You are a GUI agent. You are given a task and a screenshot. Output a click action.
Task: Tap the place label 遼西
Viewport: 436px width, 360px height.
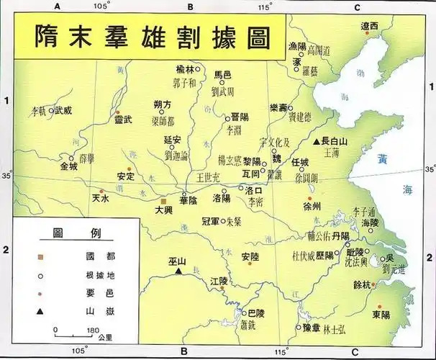tap(369, 26)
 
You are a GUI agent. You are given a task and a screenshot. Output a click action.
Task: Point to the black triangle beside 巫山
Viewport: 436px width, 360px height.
tap(178, 273)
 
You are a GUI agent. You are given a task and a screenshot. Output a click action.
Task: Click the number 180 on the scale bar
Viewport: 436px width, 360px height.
tap(93, 330)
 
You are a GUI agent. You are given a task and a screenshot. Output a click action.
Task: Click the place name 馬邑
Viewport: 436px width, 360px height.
tap(225, 75)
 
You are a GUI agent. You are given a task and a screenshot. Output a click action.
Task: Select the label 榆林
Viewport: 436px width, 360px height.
tap(185, 70)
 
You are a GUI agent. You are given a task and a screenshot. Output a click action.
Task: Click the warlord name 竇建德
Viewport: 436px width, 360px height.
tap(299, 116)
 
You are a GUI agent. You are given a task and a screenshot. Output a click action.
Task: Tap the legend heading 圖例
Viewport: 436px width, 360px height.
tap(71, 234)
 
